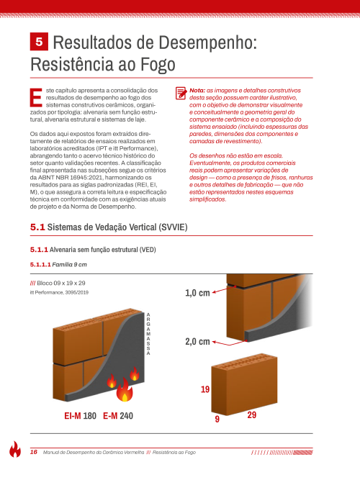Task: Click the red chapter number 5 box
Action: tap(39, 41)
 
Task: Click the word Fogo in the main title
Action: tap(158, 64)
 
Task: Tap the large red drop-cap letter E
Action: tap(36, 98)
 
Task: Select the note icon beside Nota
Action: tap(181, 93)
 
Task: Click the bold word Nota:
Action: tap(197, 91)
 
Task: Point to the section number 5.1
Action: tap(37, 227)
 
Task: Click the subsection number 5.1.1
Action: tap(39, 250)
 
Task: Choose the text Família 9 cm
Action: tap(70, 265)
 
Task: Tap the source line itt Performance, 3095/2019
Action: tap(59, 293)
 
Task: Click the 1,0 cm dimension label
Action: tap(197, 293)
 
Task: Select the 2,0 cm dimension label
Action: tap(197, 341)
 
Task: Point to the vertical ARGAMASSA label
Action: tap(148, 334)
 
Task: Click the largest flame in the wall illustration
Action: tap(125, 390)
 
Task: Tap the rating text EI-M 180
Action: tap(80, 416)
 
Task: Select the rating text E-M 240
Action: tap(118, 416)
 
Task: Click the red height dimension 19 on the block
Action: tap(205, 389)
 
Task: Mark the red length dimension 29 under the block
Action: tap(252, 415)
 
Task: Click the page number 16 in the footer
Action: tap(34, 452)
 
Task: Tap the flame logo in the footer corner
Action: tap(15, 449)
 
